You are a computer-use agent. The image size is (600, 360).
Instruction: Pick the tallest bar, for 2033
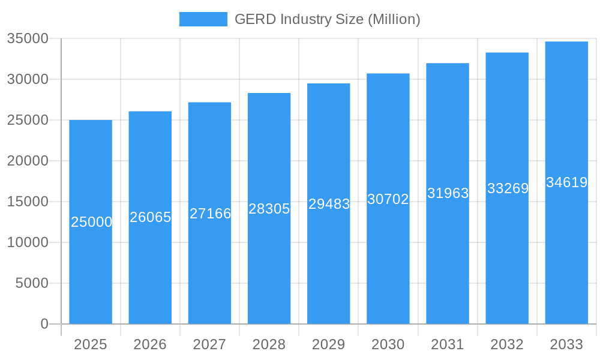566,252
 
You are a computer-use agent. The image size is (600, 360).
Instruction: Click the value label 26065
151,217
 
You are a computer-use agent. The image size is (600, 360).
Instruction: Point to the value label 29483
329,204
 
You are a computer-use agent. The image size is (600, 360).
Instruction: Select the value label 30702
388,199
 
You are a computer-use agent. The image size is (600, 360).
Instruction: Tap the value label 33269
508,188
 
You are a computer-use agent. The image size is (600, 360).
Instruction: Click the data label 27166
210,213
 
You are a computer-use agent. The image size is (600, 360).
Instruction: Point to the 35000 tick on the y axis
28,38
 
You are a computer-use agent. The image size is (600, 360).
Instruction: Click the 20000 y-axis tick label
28,161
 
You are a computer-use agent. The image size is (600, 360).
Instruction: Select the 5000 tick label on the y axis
32,283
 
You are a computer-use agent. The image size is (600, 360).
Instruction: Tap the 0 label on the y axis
44,324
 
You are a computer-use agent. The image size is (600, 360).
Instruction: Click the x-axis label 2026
150,344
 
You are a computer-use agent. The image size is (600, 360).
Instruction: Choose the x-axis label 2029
329,344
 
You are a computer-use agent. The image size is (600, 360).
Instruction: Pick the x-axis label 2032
507,344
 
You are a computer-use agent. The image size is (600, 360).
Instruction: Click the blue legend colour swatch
203,19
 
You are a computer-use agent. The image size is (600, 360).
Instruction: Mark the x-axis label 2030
388,344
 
